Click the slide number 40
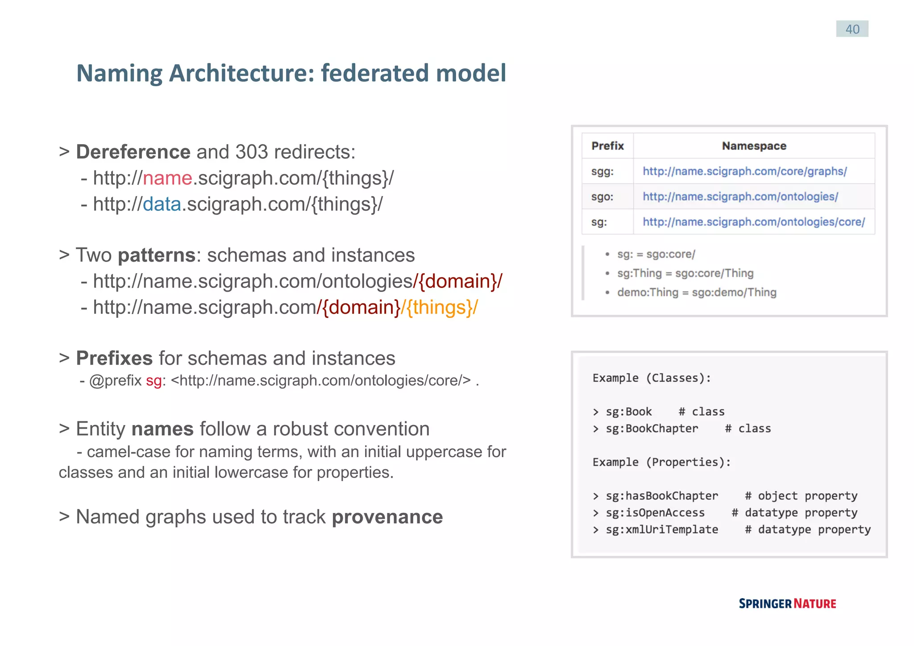[x=852, y=29]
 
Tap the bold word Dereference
[x=133, y=152]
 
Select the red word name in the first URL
[x=167, y=178]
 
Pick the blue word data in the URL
[x=162, y=204]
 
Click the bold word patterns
[x=156, y=255]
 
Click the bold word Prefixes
[x=114, y=358]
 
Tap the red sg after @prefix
[x=154, y=381]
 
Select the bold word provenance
[x=387, y=517]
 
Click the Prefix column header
[x=607, y=146]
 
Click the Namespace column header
[x=754, y=146]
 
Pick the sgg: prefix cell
[x=602, y=171]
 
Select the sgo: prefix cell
[x=602, y=197]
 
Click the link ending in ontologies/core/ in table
[x=753, y=222]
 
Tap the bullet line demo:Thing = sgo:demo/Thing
[x=696, y=293]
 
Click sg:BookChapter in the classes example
[x=651, y=429]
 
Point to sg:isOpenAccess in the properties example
[x=655, y=513]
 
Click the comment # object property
[x=801, y=496]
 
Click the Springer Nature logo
[x=787, y=604]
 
